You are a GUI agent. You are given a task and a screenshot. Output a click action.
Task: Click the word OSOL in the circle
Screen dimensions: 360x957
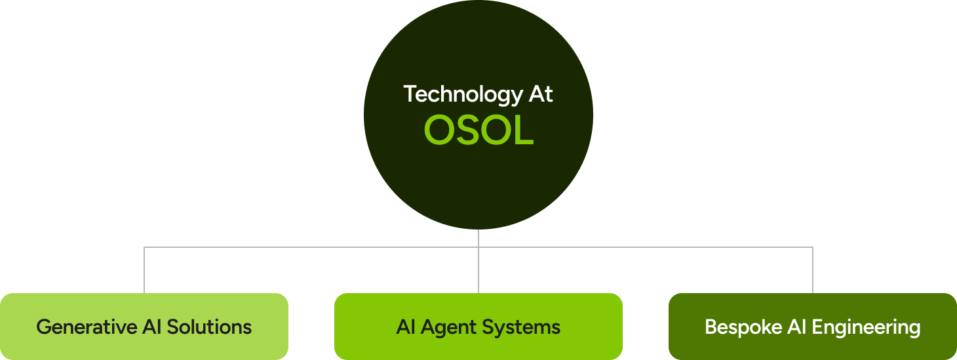pos(478,130)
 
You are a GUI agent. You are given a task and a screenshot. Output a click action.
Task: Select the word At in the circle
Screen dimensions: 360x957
pos(541,94)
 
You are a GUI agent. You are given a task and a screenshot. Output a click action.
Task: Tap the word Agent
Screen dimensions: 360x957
pos(454,327)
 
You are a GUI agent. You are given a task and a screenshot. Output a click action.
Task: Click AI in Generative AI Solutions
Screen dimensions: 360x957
pos(152,327)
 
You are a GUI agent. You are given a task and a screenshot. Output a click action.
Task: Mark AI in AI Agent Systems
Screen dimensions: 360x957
pos(404,327)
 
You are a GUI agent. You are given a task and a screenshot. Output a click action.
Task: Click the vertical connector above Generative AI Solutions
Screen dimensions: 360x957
pos(144,270)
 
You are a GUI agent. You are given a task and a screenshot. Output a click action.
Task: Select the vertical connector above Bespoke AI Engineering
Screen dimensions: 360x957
pos(813,270)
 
